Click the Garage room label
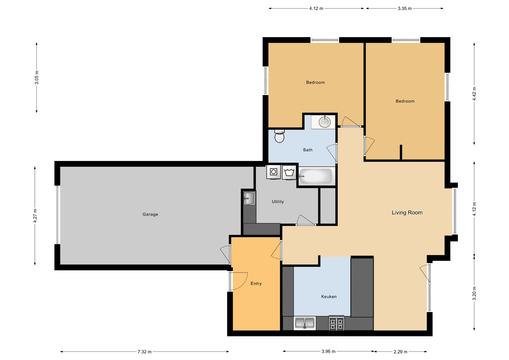click(150, 214)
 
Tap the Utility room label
click(278, 202)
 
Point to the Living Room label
click(405, 212)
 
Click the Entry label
click(255, 283)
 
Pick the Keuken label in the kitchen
click(328, 297)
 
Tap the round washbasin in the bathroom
click(323, 123)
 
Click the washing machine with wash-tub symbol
click(289, 172)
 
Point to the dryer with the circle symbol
click(273, 172)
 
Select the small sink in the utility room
click(248, 197)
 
